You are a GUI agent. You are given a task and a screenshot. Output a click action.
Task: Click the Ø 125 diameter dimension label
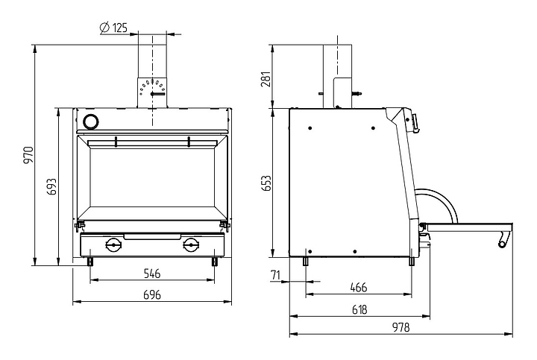pos(113,28)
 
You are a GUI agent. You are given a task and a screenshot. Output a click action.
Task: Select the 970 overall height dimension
pos(28,155)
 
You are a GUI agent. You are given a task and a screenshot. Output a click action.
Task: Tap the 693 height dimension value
pos(51,186)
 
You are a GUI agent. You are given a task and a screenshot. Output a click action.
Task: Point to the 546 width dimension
pos(151,274)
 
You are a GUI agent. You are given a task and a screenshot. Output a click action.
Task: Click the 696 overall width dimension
pos(151,294)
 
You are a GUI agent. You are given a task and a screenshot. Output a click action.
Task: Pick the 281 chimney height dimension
pos(266,79)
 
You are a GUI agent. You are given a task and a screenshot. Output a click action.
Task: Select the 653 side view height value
pos(266,183)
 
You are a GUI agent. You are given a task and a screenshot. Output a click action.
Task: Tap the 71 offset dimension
pos(275,275)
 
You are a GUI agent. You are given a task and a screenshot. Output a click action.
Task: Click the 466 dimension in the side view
pos(358,287)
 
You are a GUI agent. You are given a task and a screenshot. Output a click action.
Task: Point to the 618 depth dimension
pos(359,310)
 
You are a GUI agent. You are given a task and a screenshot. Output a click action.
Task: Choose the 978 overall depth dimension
pos(401,327)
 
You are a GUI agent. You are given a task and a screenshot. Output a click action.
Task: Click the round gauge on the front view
pos(92,121)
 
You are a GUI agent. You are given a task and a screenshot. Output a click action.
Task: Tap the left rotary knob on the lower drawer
pos(113,244)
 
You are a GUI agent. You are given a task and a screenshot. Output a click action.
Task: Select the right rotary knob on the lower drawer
pos(190,244)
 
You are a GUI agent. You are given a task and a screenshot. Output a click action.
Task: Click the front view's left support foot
pos(90,262)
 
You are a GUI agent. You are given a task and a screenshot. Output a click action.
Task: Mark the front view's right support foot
pos(215,262)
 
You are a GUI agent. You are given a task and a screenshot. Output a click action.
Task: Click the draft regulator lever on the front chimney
pos(158,94)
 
